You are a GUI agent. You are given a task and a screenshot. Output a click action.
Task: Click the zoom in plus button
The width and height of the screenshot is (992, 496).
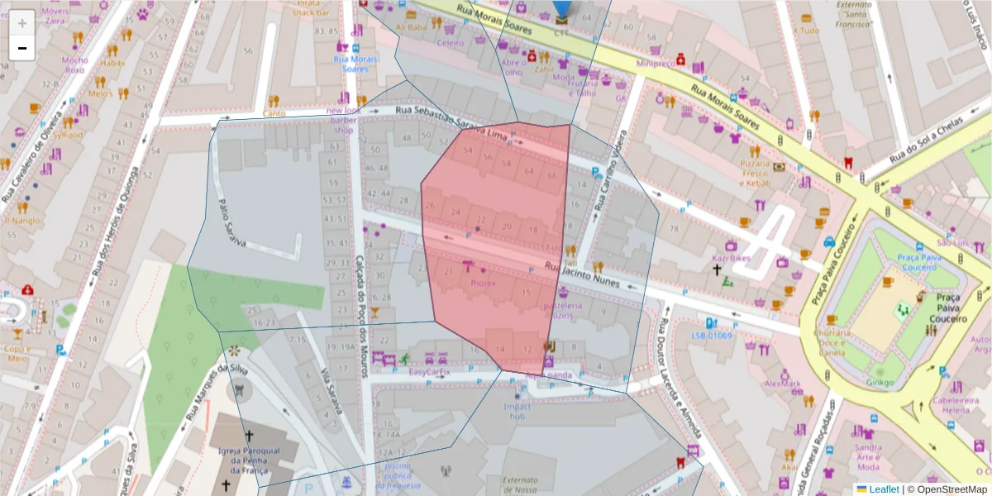click(x=22, y=22)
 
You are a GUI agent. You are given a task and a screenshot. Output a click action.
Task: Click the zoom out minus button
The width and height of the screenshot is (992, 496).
click(x=22, y=48)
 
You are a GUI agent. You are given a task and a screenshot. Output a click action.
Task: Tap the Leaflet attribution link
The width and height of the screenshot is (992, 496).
click(x=884, y=489)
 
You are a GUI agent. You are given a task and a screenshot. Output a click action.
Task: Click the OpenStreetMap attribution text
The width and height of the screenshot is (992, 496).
click(x=951, y=489)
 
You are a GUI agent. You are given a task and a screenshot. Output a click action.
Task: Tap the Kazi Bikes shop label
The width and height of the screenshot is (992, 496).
click(x=731, y=259)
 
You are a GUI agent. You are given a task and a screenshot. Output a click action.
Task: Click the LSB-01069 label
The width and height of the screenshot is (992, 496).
click(x=712, y=336)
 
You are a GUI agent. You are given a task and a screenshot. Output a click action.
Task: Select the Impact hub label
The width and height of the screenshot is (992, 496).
click(x=517, y=411)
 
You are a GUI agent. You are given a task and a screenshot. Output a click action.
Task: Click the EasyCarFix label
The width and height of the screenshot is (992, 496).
click(x=430, y=372)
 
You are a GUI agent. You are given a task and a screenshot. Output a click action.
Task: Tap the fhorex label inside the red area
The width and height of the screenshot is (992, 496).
click(x=482, y=283)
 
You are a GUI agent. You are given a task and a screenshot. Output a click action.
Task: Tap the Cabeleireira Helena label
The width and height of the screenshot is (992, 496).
click(x=950, y=405)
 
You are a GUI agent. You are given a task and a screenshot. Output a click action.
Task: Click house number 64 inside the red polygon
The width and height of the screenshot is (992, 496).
click(x=529, y=171)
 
